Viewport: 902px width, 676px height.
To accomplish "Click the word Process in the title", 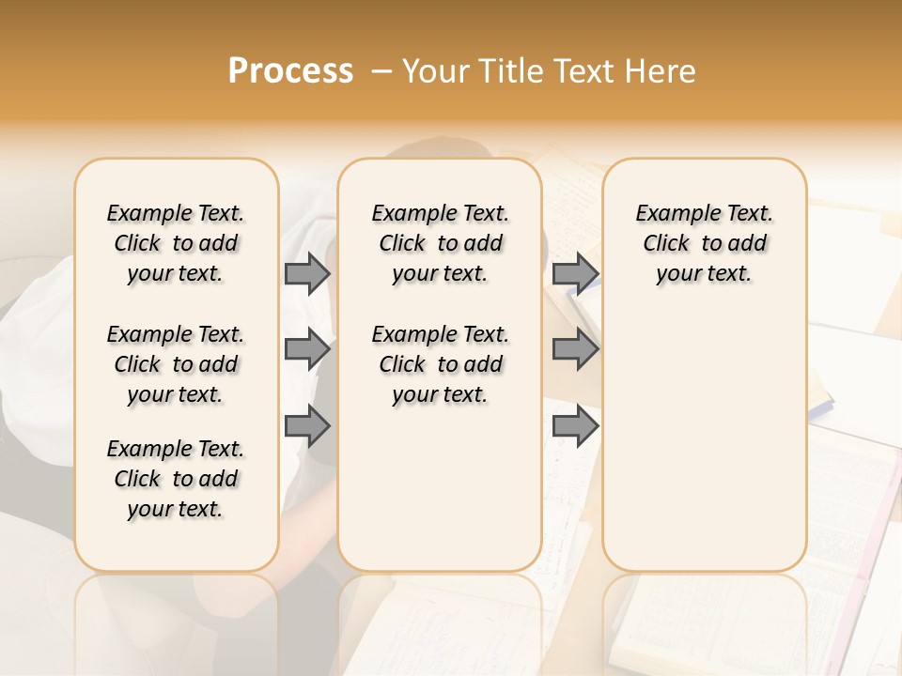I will click(x=290, y=71).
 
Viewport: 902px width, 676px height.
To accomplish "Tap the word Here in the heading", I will click(x=661, y=71).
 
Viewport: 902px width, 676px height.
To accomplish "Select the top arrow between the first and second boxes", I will click(x=307, y=274).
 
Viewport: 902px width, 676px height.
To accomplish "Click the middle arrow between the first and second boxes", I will click(x=307, y=350).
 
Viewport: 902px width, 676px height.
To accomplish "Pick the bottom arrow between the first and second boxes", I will click(x=307, y=426).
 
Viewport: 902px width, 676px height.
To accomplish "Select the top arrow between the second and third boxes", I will click(x=575, y=274).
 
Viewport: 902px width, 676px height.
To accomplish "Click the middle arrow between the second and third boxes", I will click(x=575, y=350).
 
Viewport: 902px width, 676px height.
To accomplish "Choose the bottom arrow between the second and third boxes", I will click(x=575, y=426).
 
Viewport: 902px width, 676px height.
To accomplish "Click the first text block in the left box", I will click(x=176, y=243).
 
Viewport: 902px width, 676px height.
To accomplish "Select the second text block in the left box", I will click(x=176, y=364).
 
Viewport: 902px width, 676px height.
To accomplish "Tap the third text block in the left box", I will click(x=176, y=479).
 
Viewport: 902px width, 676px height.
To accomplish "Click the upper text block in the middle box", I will click(x=441, y=243).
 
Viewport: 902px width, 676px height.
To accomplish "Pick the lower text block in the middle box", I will click(x=441, y=364).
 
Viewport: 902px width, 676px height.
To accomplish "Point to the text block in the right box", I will click(x=705, y=243).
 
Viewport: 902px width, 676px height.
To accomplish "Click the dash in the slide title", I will click(x=382, y=71).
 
